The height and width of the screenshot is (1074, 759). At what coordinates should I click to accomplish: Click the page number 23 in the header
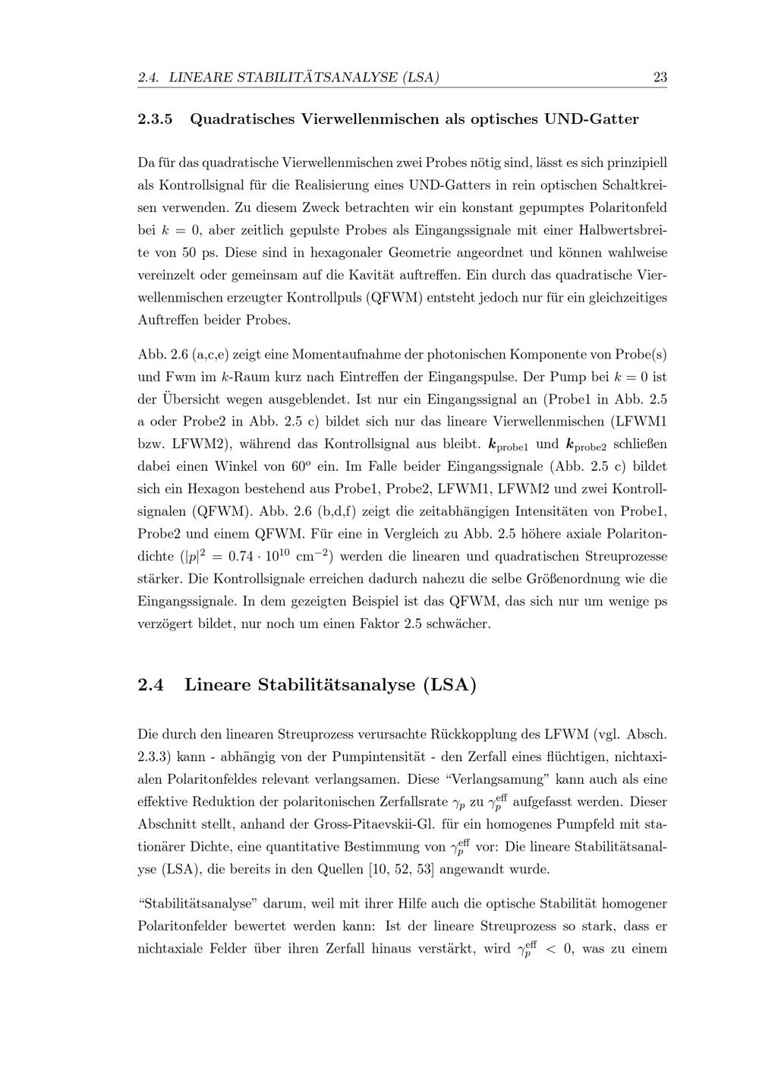(660, 77)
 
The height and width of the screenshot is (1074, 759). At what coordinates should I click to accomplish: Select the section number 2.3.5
(156, 119)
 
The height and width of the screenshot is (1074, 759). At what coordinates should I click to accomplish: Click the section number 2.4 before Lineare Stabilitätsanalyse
(151, 684)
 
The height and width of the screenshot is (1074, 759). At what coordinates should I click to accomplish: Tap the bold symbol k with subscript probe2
(584, 444)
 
